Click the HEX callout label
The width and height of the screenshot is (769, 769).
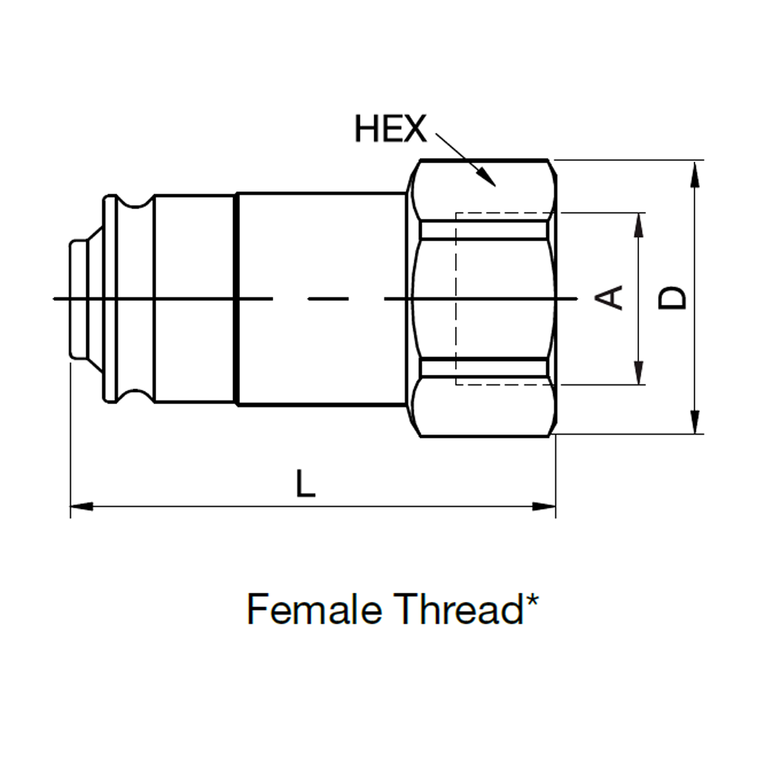click(x=391, y=128)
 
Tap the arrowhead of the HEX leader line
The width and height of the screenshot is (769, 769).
click(x=487, y=178)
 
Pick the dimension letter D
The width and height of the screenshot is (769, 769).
click(x=671, y=298)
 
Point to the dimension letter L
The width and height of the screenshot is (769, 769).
click(x=305, y=483)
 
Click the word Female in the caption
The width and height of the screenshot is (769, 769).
click(x=315, y=609)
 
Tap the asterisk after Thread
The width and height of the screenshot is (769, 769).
click(x=532, y=599)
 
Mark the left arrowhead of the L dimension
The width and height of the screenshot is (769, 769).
click(x=82, y=506)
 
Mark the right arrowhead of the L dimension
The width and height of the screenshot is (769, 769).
click(x=544, y=506)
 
